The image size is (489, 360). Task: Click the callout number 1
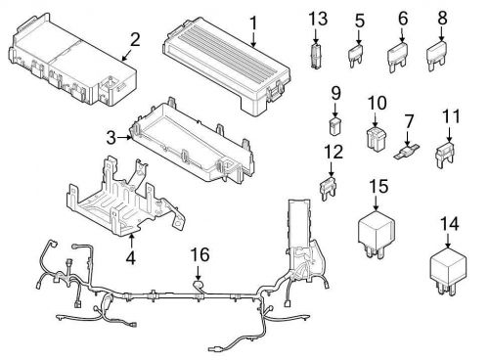pyautogui.click(x=252, y=22)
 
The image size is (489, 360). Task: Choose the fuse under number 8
pyautogui.click(x=438, y=55)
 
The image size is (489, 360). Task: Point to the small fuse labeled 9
pyautogui.click(x=334, y=126)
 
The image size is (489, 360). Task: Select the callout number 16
pyautogui.click(x=199, y=256)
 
